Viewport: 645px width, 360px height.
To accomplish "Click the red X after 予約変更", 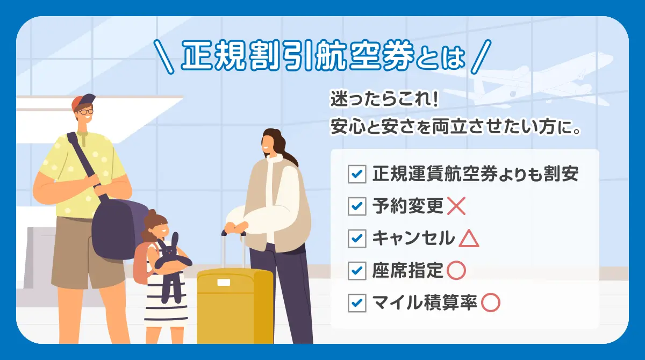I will (456, 206).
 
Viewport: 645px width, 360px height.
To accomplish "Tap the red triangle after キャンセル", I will (469, 239).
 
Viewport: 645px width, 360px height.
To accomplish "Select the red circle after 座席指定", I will (456, 271).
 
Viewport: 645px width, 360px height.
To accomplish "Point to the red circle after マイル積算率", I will (490, 303).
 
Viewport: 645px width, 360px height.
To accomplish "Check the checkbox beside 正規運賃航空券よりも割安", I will (357, 174).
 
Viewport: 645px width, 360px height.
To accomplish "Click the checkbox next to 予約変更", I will (357, 206).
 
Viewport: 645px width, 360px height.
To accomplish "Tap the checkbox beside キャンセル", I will (357, 239).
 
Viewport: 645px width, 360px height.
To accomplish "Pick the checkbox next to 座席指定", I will (357, 271).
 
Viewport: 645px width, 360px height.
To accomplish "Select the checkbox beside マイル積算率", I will (357, 303).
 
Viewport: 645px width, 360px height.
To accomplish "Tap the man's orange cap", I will (83, 100).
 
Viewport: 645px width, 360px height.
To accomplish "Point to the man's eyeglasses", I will (85, 112).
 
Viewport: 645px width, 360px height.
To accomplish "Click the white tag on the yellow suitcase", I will (223, 283).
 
